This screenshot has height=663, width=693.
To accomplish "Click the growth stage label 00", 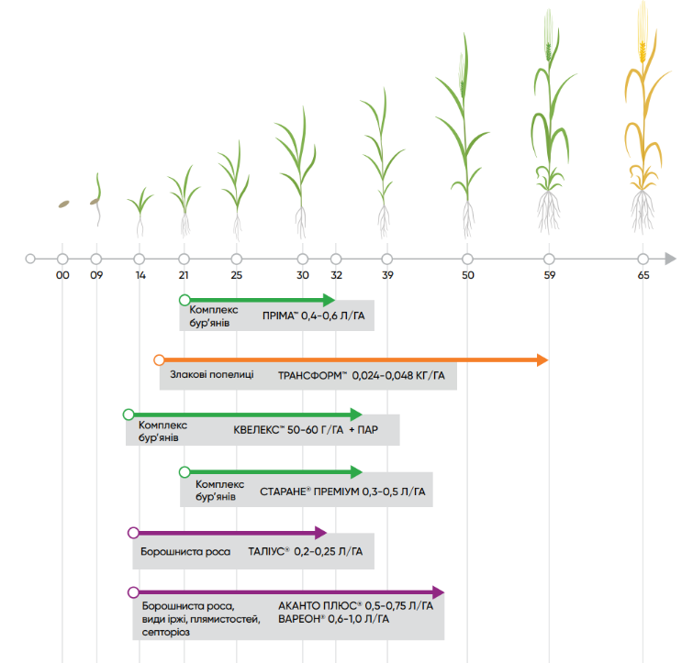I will click(x=62, y=275).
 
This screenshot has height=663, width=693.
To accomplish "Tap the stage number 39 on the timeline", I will click(x=386, y=275).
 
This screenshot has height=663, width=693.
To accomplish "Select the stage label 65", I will click(x=643, y=275).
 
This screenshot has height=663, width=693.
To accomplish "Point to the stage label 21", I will click(x=184, y=275).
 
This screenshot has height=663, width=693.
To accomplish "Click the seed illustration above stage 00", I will click(x=63, y=204).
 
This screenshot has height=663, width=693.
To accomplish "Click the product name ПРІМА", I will click(x=279, y=316).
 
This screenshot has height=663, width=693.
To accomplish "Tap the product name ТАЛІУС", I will click(x=267, y=551).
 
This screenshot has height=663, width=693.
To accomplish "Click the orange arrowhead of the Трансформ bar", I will click(x=542, y=359).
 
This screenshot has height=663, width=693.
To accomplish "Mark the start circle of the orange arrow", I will click(x=159, y=359).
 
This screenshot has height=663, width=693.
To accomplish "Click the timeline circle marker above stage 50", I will click(x=467, y=259).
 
